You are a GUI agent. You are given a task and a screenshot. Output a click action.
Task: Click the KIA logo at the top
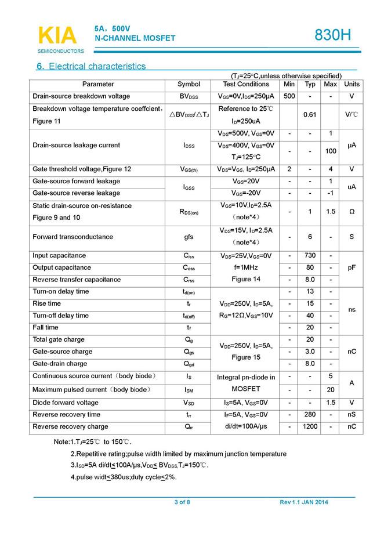pyautogui.click(x=57, y=36)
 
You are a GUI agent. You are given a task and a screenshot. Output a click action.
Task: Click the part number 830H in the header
pyautogui.click(x=333, y=35)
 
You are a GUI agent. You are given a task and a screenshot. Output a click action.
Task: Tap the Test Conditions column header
pyautogui.click(x=246, y=85)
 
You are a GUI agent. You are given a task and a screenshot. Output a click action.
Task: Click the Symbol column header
pyautogui.click(x=189, y=85)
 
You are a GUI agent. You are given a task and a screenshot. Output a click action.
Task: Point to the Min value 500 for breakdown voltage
pyautogui.click(x=289, y=96)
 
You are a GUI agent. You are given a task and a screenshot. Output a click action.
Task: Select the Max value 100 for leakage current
pyautogui.click(x=331, y=151)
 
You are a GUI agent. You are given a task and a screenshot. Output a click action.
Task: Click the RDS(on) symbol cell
pyautogui.click(x=189, y=212)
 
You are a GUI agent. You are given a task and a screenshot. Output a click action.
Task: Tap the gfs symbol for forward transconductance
pyautogui.click(x=189, y=237)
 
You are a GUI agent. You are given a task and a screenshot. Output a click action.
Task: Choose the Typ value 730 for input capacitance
pyautogui.click(x=310, y=256)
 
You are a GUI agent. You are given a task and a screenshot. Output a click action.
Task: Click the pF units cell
pyautogui.click(x=352, y=267)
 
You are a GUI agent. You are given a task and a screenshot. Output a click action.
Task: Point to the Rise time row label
pyautogui.click(x=46, y=303)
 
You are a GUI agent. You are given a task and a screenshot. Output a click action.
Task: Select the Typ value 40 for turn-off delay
pyautogui.click(x=310, y=316)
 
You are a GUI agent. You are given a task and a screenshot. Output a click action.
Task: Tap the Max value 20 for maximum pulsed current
pyautogui.click(x=331, y=389)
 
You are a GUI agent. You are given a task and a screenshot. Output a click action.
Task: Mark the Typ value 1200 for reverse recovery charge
pyautogui.click(x=310, y=427)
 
